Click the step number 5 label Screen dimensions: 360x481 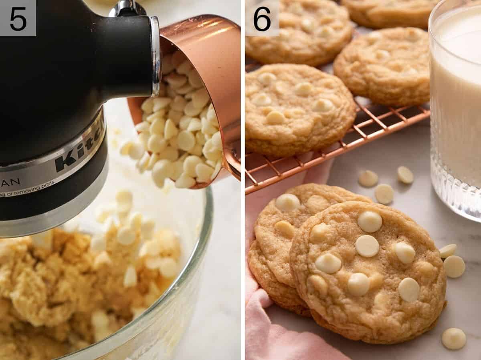(18, 18)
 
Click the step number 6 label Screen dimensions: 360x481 (262, 18)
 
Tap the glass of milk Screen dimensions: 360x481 (457, 100)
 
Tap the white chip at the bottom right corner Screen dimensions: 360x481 (453, 338)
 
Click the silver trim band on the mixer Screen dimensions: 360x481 (52, 168)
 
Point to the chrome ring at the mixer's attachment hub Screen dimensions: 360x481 (156, 56)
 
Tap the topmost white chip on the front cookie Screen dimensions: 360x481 (370, 221)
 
